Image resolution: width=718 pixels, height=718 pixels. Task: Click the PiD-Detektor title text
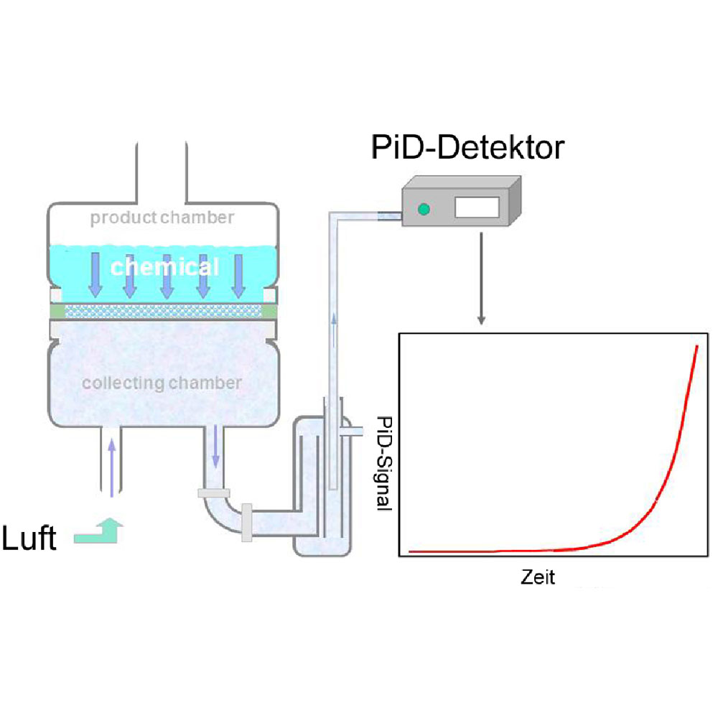pyautogui.click(x=467, y=148)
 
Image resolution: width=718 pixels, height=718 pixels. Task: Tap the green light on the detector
pyautogui.click(x=424, y=209)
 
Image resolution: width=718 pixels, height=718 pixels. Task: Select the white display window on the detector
pyautogui.click(x=477, y=208)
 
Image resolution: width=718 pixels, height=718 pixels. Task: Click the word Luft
pyautogui.click(x=29, y=538)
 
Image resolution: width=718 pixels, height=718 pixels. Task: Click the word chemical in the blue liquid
pyautogui.click(x=164, y=267)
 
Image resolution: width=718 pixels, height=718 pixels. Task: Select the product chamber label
pyautogui.click(x=162, y=218)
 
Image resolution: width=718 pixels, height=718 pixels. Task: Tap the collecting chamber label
pyautogui.click(x=162, y=383)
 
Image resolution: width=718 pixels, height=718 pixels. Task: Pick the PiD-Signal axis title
pyautogui.click(x=384, y=463)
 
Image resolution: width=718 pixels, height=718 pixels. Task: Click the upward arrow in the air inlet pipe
pyautogui.click(x=111, y=467)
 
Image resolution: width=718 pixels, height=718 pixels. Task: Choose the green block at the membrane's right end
pyautogui.click(x=269, y=310)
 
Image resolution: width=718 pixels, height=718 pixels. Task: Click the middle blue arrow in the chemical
pyautogui.click(x=167, y=277)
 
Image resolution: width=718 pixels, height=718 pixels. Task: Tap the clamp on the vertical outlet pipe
pyautogui.click(x=214, y=493)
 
